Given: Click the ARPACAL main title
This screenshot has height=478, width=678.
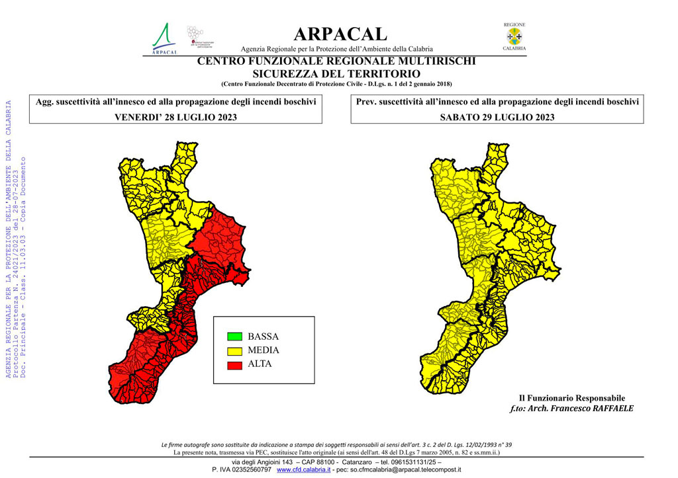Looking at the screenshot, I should tap(340, 34).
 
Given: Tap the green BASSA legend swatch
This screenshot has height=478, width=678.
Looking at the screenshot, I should tap(234, 337).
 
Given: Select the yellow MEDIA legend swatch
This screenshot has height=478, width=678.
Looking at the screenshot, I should tap(234, 350).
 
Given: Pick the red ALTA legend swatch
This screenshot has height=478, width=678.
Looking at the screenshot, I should tap(234, 364).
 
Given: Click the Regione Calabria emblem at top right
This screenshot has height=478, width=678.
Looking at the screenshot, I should tap(514, 37).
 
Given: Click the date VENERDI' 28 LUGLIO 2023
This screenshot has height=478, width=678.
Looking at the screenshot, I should tap(176, 117).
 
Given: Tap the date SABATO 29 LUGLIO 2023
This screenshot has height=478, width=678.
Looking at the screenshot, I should tap(497, 117).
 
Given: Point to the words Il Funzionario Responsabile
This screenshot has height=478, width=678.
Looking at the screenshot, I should tap(572, 398).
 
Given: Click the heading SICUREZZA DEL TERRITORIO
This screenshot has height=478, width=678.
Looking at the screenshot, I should tap(336, 73).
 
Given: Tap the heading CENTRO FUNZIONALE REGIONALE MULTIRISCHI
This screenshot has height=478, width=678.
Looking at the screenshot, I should tap(336, 61).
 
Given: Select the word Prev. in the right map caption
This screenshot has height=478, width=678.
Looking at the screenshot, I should tap(367, 102).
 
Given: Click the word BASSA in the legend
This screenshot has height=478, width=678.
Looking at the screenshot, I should tap(263, 337).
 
